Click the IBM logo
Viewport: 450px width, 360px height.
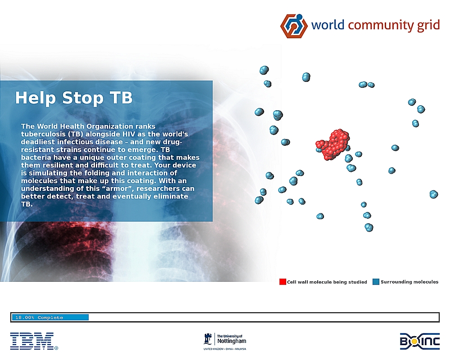[x=34, y=341]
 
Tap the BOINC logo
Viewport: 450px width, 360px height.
[x=419, y=342]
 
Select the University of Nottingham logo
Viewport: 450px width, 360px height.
[x=225, y=342]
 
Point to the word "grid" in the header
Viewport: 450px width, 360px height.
[x=428, y=25]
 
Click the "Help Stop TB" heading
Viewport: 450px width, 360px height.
[x=74, y=98]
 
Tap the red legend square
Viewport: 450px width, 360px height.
[x=283, y=282]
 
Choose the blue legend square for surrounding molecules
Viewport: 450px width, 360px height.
[x=376, y=282]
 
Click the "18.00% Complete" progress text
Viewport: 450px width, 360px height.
[x=39, y=318]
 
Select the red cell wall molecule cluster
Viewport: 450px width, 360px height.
[x=333, y=144]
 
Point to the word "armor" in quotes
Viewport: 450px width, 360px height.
[x=116, y=189]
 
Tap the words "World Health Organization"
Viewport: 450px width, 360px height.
[x=85, y=126]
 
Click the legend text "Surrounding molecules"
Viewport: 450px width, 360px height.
[x=409, y=282]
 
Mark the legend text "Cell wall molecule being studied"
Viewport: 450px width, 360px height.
[x=327, y=282]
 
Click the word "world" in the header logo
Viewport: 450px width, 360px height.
[x=328, y=25]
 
